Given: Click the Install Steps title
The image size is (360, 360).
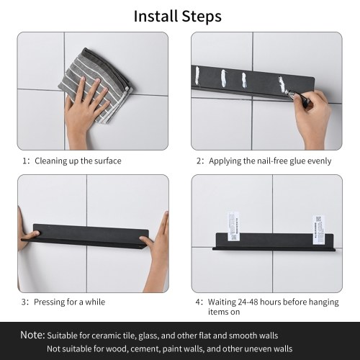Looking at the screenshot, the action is (x=178, y=17).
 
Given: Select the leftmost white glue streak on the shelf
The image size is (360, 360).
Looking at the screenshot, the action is (x=197, y=75).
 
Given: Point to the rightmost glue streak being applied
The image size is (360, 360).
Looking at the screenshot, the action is (x=282, y=84).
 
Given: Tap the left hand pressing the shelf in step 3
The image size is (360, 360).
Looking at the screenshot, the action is (x=27, y=230).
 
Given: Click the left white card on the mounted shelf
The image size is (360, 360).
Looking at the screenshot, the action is (x=233, y=226).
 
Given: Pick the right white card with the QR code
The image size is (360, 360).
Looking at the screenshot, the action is (x=319, y=230).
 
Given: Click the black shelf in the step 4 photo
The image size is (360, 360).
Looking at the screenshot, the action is (x=274, y=242).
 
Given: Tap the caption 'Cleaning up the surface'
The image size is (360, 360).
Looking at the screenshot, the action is (x=78, y=161).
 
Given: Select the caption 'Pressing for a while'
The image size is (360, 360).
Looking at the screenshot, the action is (x=70, y=302).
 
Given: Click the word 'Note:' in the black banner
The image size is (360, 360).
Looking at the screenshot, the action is (x=32, y=335).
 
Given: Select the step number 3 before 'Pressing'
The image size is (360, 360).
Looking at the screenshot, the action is (x=24, y=302).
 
